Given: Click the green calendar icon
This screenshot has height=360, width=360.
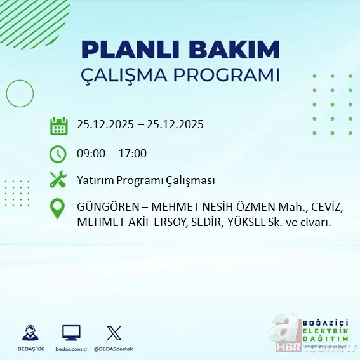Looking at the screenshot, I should (x=58, y=125).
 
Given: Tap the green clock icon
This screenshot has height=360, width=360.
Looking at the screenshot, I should (x=58, y=154).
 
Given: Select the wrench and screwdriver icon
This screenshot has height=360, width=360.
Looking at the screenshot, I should (x=58, y=180).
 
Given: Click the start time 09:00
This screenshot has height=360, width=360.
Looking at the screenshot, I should (x=91, y=154).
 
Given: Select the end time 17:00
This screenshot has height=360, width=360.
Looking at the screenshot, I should (x=133, y=154).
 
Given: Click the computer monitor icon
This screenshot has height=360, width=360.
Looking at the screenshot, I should (x=71, y=331).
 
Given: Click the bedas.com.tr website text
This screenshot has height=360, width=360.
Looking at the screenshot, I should (x=71, y=349).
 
